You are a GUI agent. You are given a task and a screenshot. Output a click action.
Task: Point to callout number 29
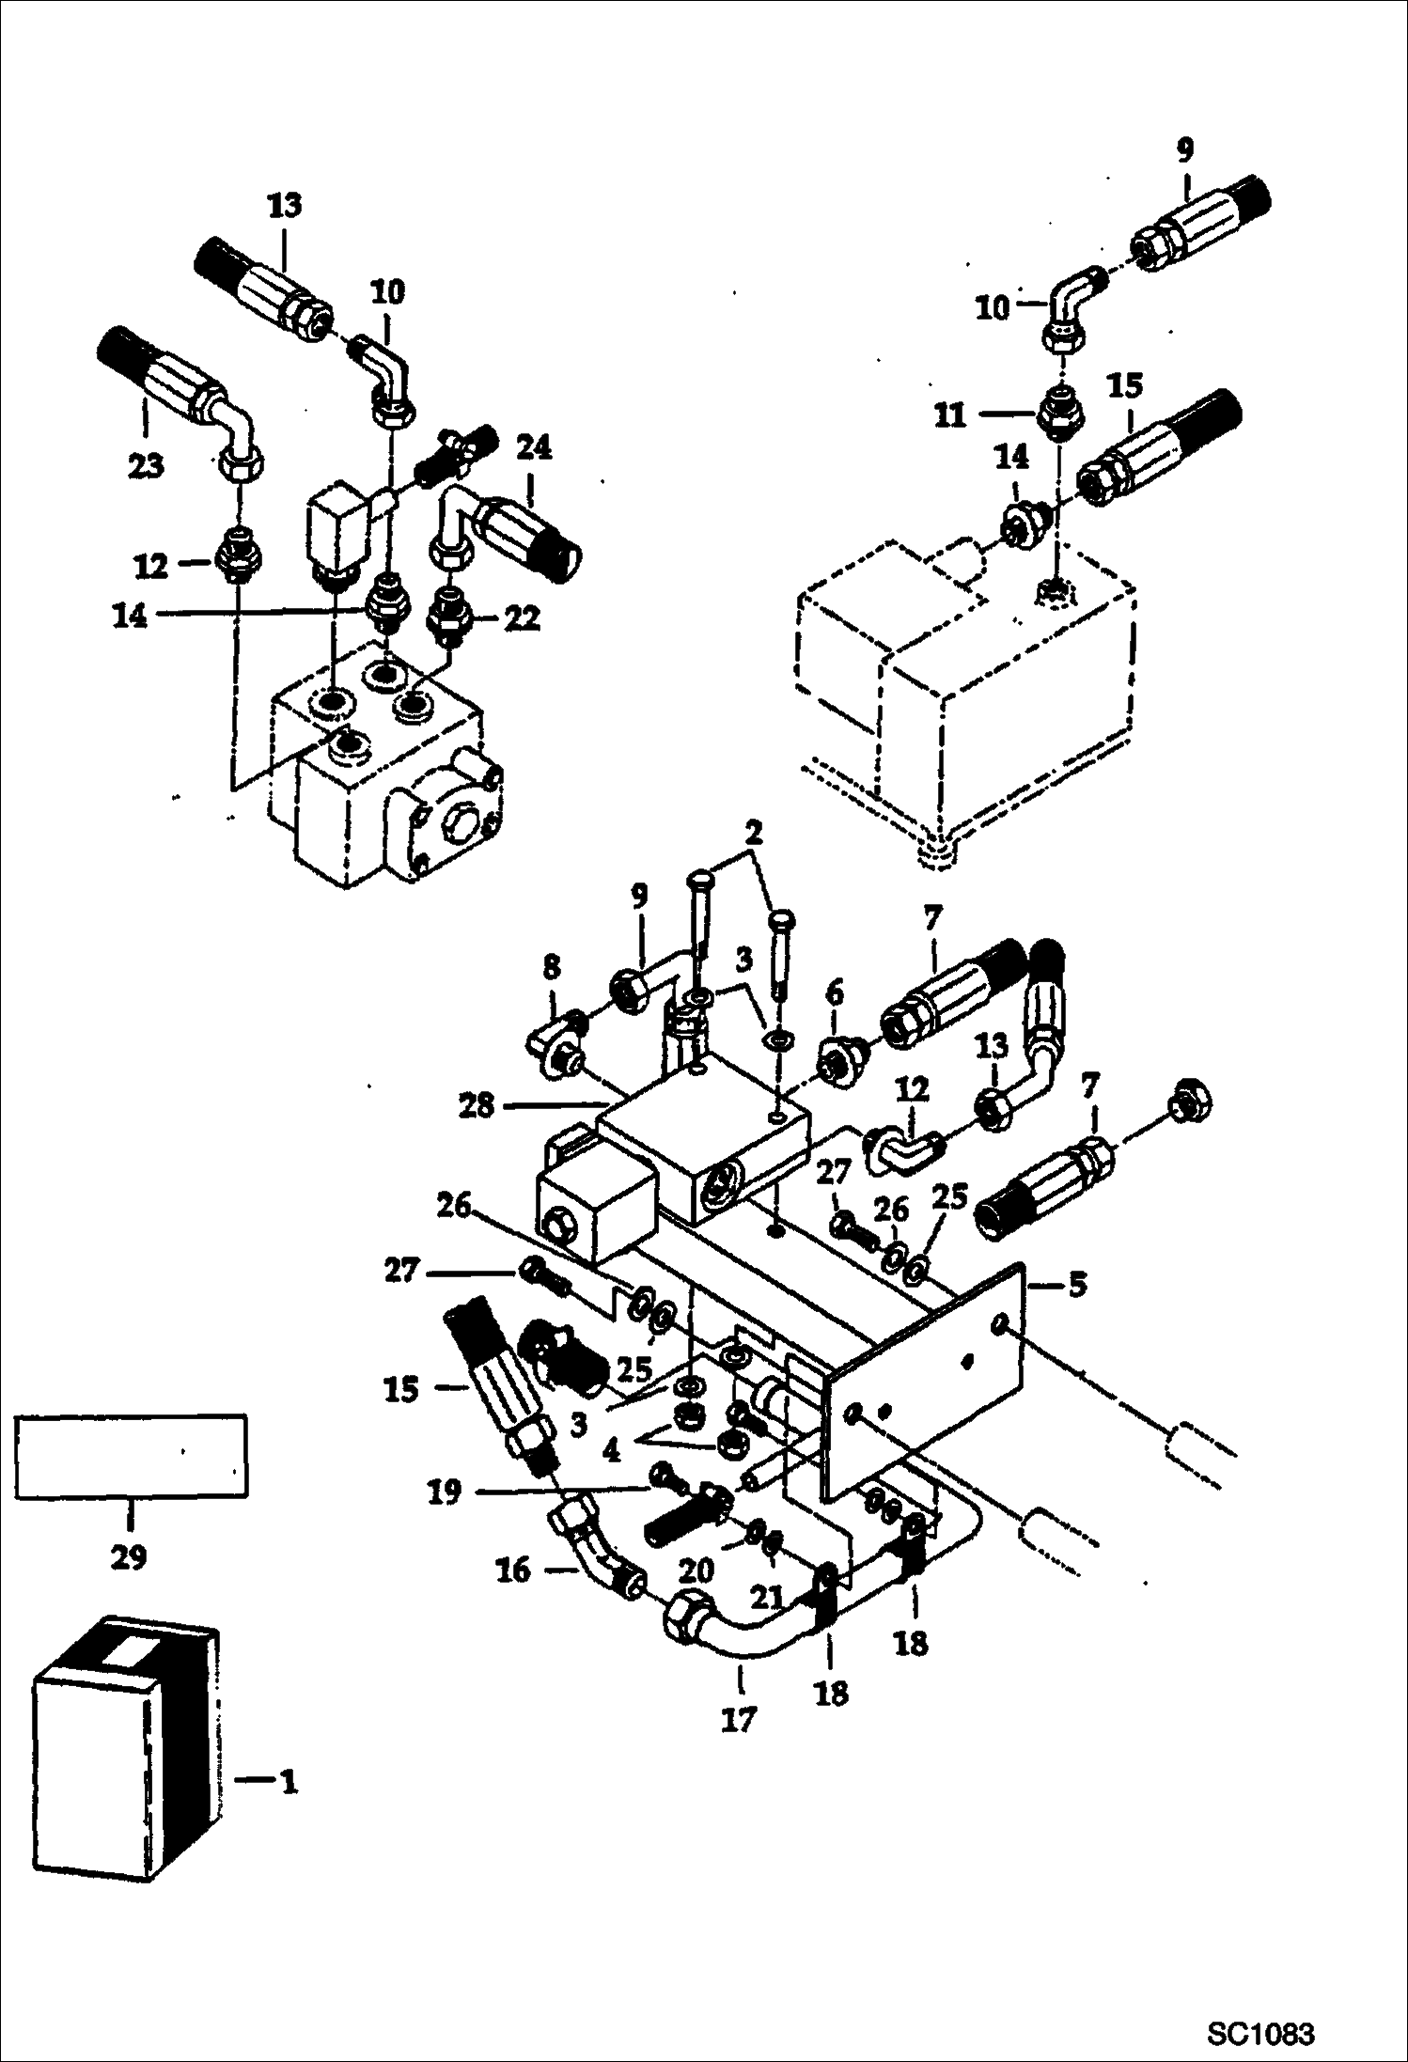click(x=129, y=1557)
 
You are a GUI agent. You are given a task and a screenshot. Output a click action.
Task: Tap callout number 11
click(x=951, y=414)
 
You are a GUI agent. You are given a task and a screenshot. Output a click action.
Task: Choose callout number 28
click(x=476, y=1105)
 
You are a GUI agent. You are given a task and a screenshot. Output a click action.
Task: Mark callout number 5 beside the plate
click(x=1077, y=1284)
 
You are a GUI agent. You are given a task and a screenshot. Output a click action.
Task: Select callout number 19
click(x=445, y=1492)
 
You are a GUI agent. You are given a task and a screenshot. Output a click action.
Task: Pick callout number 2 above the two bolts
click(x=754, y=834)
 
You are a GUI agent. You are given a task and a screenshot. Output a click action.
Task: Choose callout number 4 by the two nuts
click(x=612, y=1452)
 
